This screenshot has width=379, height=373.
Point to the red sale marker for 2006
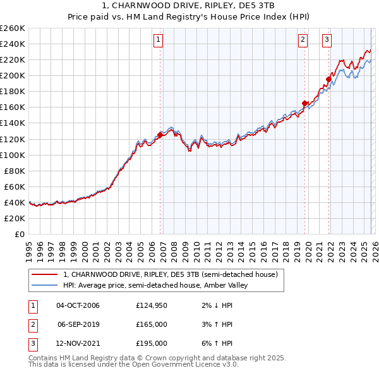pyautogui.click(x=160, y=135)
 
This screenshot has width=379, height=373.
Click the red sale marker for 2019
pyautogui.click(x=304, y=103)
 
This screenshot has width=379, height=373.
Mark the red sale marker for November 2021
pyautogui.click(x=328, y=79)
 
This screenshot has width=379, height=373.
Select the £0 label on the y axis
pyautogui.click(x=19, y=234)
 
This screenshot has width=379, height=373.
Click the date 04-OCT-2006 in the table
pyautogui.click(x=78, y=305)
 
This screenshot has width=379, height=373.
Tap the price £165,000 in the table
pyautogui.click(x=152, y=324)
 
